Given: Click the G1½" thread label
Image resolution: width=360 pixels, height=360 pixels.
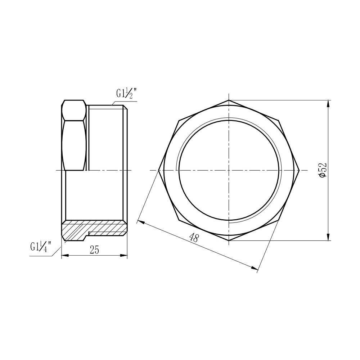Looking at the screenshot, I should point(125,94).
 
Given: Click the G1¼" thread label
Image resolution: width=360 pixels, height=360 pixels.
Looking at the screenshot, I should point(40,247).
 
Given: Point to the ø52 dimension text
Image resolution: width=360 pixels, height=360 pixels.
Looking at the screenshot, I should point(323,170).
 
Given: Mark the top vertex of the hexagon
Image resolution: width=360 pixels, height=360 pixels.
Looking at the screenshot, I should point(229,100).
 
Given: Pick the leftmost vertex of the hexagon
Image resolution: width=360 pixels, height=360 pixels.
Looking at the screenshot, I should point(159,170).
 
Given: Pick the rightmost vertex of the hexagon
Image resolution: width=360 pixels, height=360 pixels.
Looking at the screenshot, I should point(300,170).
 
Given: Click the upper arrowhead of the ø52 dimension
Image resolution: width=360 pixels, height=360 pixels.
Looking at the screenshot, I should point(328,103).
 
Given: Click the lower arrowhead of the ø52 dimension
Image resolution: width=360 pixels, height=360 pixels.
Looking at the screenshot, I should point(328,238).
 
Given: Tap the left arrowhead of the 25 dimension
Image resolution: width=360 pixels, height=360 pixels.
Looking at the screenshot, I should point(64,256).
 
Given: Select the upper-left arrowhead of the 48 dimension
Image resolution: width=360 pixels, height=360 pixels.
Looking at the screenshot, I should point(141,222).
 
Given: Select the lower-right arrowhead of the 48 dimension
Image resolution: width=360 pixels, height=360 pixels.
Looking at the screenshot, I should point(255,268).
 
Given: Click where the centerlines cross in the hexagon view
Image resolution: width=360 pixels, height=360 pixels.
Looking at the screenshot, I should point(229,170).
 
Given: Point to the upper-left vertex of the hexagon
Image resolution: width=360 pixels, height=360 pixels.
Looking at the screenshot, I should point(179,120).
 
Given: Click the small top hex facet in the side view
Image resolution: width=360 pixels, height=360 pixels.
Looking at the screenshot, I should point(74,110).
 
